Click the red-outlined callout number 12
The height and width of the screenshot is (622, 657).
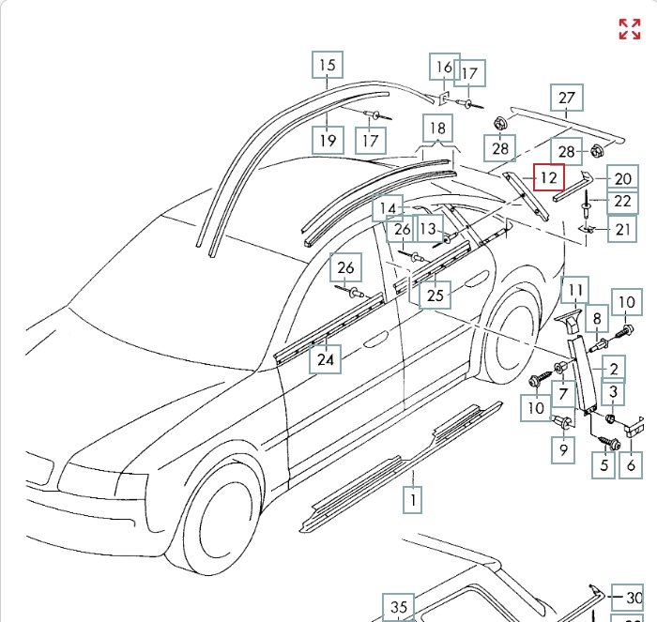click(x=549, y=175)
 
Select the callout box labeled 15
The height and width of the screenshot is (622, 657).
click(x=327, y=65)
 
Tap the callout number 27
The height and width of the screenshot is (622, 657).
click(x=567, y=98)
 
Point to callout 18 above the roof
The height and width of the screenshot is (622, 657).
click(x=437, y=129)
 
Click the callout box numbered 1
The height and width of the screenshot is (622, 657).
click(x=413, y=500)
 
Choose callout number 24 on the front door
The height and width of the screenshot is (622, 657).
click(x=326, y=358)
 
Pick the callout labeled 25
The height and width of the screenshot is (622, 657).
click(x=435, y=296)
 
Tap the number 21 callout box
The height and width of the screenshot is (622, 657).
click(x=621, y=229)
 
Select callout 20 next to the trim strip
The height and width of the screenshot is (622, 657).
click(x=622, y=178)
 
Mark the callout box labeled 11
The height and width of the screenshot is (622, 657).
click(x=575, y=291)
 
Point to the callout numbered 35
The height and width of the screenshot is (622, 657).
click(x=399, y=607)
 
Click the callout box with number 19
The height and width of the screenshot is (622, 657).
click(x=327, y=141)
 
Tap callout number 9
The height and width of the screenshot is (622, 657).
click(x=563, y=450)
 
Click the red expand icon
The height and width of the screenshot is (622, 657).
click(x=629, y=28)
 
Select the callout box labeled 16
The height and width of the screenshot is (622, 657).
click(x=444, y=67)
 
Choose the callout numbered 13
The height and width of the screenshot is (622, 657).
click(x=429, y=228)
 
